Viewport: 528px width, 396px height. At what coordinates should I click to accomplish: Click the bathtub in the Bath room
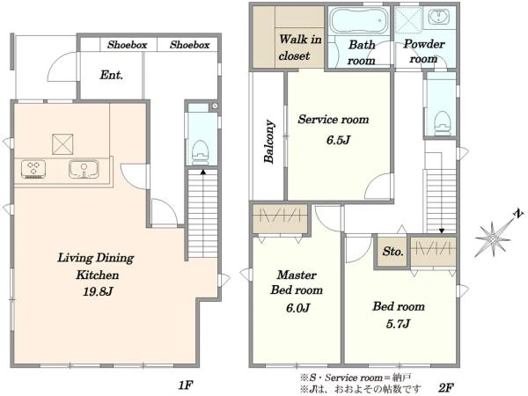[x=359, y=20]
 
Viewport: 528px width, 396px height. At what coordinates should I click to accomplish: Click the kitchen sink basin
[x=84, y=169]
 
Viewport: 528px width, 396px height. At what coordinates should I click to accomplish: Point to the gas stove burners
[x=33, y=169]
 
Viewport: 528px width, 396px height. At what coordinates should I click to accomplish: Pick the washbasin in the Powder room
[x=439, y=17]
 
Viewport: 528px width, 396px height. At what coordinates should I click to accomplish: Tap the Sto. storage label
[x=392, y=251]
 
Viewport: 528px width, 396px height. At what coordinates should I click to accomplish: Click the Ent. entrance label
[x=112, y=75]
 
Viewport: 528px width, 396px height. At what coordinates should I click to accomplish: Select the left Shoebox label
[x=128, y=45]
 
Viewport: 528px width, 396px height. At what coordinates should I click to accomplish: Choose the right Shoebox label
[x=189, y=45]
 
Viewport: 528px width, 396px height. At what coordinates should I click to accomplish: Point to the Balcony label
[x=269, y=142]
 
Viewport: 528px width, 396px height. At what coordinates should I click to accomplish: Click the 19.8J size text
[x=98, y=291]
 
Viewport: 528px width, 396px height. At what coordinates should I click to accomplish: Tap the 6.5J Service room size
[x=338, y=140]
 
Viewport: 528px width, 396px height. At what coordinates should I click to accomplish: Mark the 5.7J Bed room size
[x=398, y=324]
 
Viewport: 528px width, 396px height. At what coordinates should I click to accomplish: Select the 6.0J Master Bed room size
[x=297, y=307]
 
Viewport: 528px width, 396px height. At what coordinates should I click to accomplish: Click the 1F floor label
[x=186, y=385]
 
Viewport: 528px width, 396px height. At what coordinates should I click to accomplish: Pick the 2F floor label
[x=446, y=387]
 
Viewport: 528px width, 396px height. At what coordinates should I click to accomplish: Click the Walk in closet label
[x=300, y=48]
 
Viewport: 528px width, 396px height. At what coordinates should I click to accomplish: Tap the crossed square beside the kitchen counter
[x=62, y=144]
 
